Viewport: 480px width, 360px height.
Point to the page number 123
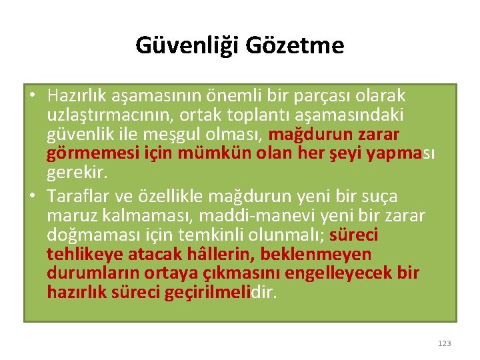click(445, 343)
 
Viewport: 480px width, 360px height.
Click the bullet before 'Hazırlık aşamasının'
click(31, 97)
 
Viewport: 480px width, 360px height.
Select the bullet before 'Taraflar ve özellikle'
click(31, 196)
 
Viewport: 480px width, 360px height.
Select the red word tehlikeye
click(79, 255)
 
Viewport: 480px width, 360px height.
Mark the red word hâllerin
click(224, 255)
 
